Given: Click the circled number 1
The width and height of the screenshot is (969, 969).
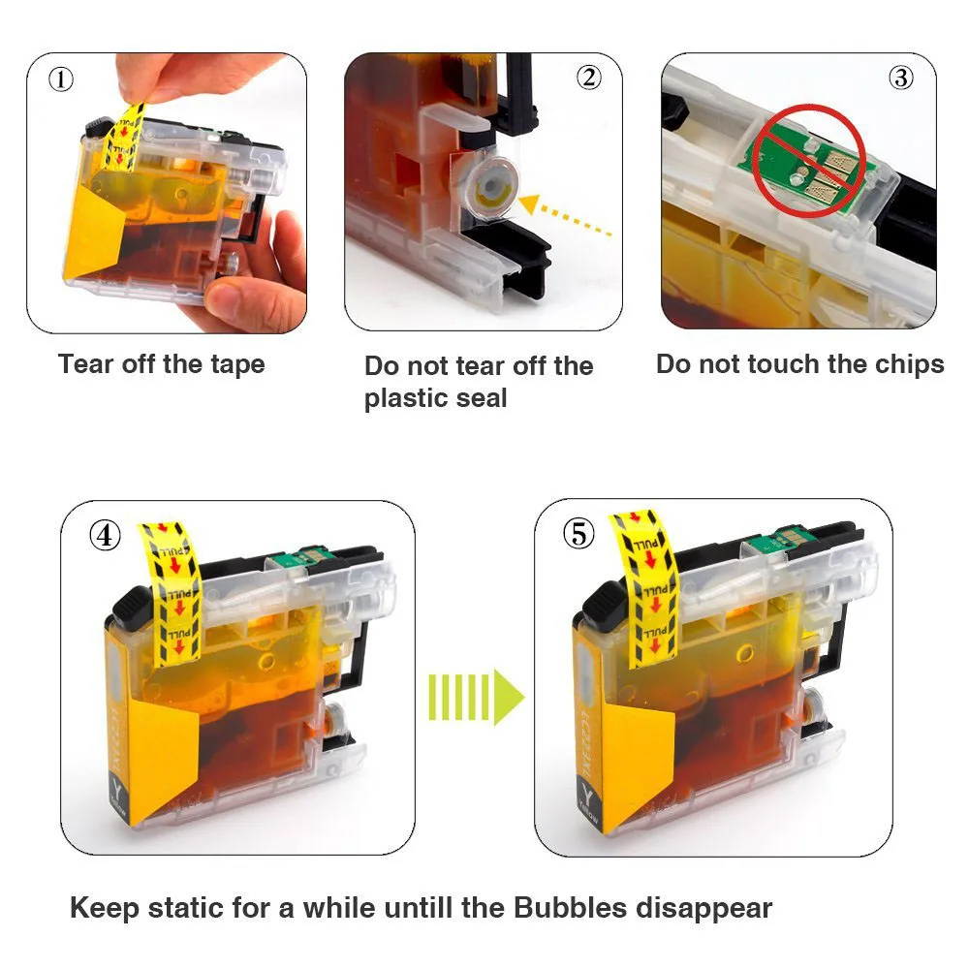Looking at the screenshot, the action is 60,79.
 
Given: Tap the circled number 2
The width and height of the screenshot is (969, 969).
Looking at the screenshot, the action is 588,78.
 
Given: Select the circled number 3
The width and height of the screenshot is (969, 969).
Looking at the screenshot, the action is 901,78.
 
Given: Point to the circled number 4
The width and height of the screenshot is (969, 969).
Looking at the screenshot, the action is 105,535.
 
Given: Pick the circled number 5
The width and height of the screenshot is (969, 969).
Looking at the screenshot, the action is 579,534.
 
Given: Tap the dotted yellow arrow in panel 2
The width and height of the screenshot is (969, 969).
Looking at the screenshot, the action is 565,216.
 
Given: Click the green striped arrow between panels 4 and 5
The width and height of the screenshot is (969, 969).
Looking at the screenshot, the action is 476,697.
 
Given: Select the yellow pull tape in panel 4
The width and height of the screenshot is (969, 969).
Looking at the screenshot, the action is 170,594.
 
